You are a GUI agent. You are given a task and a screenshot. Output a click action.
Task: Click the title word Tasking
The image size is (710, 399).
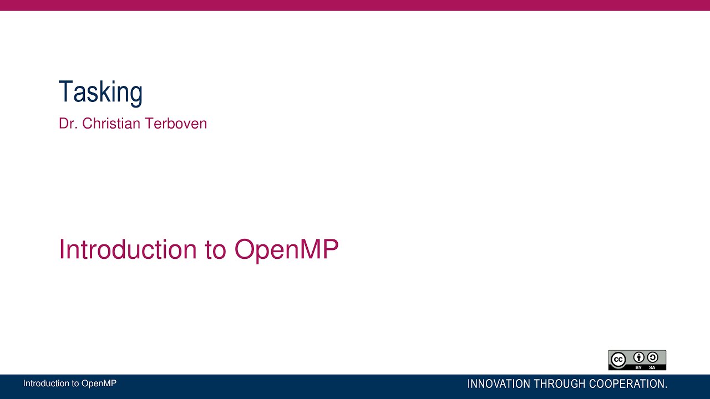(100, 92)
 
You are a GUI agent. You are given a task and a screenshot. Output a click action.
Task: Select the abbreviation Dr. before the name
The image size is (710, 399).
(68, 124)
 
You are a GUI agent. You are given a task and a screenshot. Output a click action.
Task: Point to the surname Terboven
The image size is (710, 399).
(176, 124)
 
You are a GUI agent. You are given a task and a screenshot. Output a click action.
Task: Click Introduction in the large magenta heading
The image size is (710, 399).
(128, 249)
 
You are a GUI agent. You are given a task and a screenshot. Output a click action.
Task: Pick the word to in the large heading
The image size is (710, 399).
(215, 250)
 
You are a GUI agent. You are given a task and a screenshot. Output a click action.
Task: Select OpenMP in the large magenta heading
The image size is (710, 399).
(286, 249)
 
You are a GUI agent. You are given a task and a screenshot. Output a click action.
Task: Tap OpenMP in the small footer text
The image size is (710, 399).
(99, 383)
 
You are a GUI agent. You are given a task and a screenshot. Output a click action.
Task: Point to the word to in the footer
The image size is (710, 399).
(76, 383)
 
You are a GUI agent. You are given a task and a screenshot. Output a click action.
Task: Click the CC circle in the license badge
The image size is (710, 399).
(618, 360)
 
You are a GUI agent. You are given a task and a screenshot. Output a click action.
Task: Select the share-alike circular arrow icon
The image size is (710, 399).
(652, 357)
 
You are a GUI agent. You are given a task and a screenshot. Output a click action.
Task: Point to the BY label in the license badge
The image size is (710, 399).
(638, 367)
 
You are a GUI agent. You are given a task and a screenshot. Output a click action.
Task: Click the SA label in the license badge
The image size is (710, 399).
(652, 367)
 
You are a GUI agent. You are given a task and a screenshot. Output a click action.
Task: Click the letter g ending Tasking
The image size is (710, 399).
(136, 94)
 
